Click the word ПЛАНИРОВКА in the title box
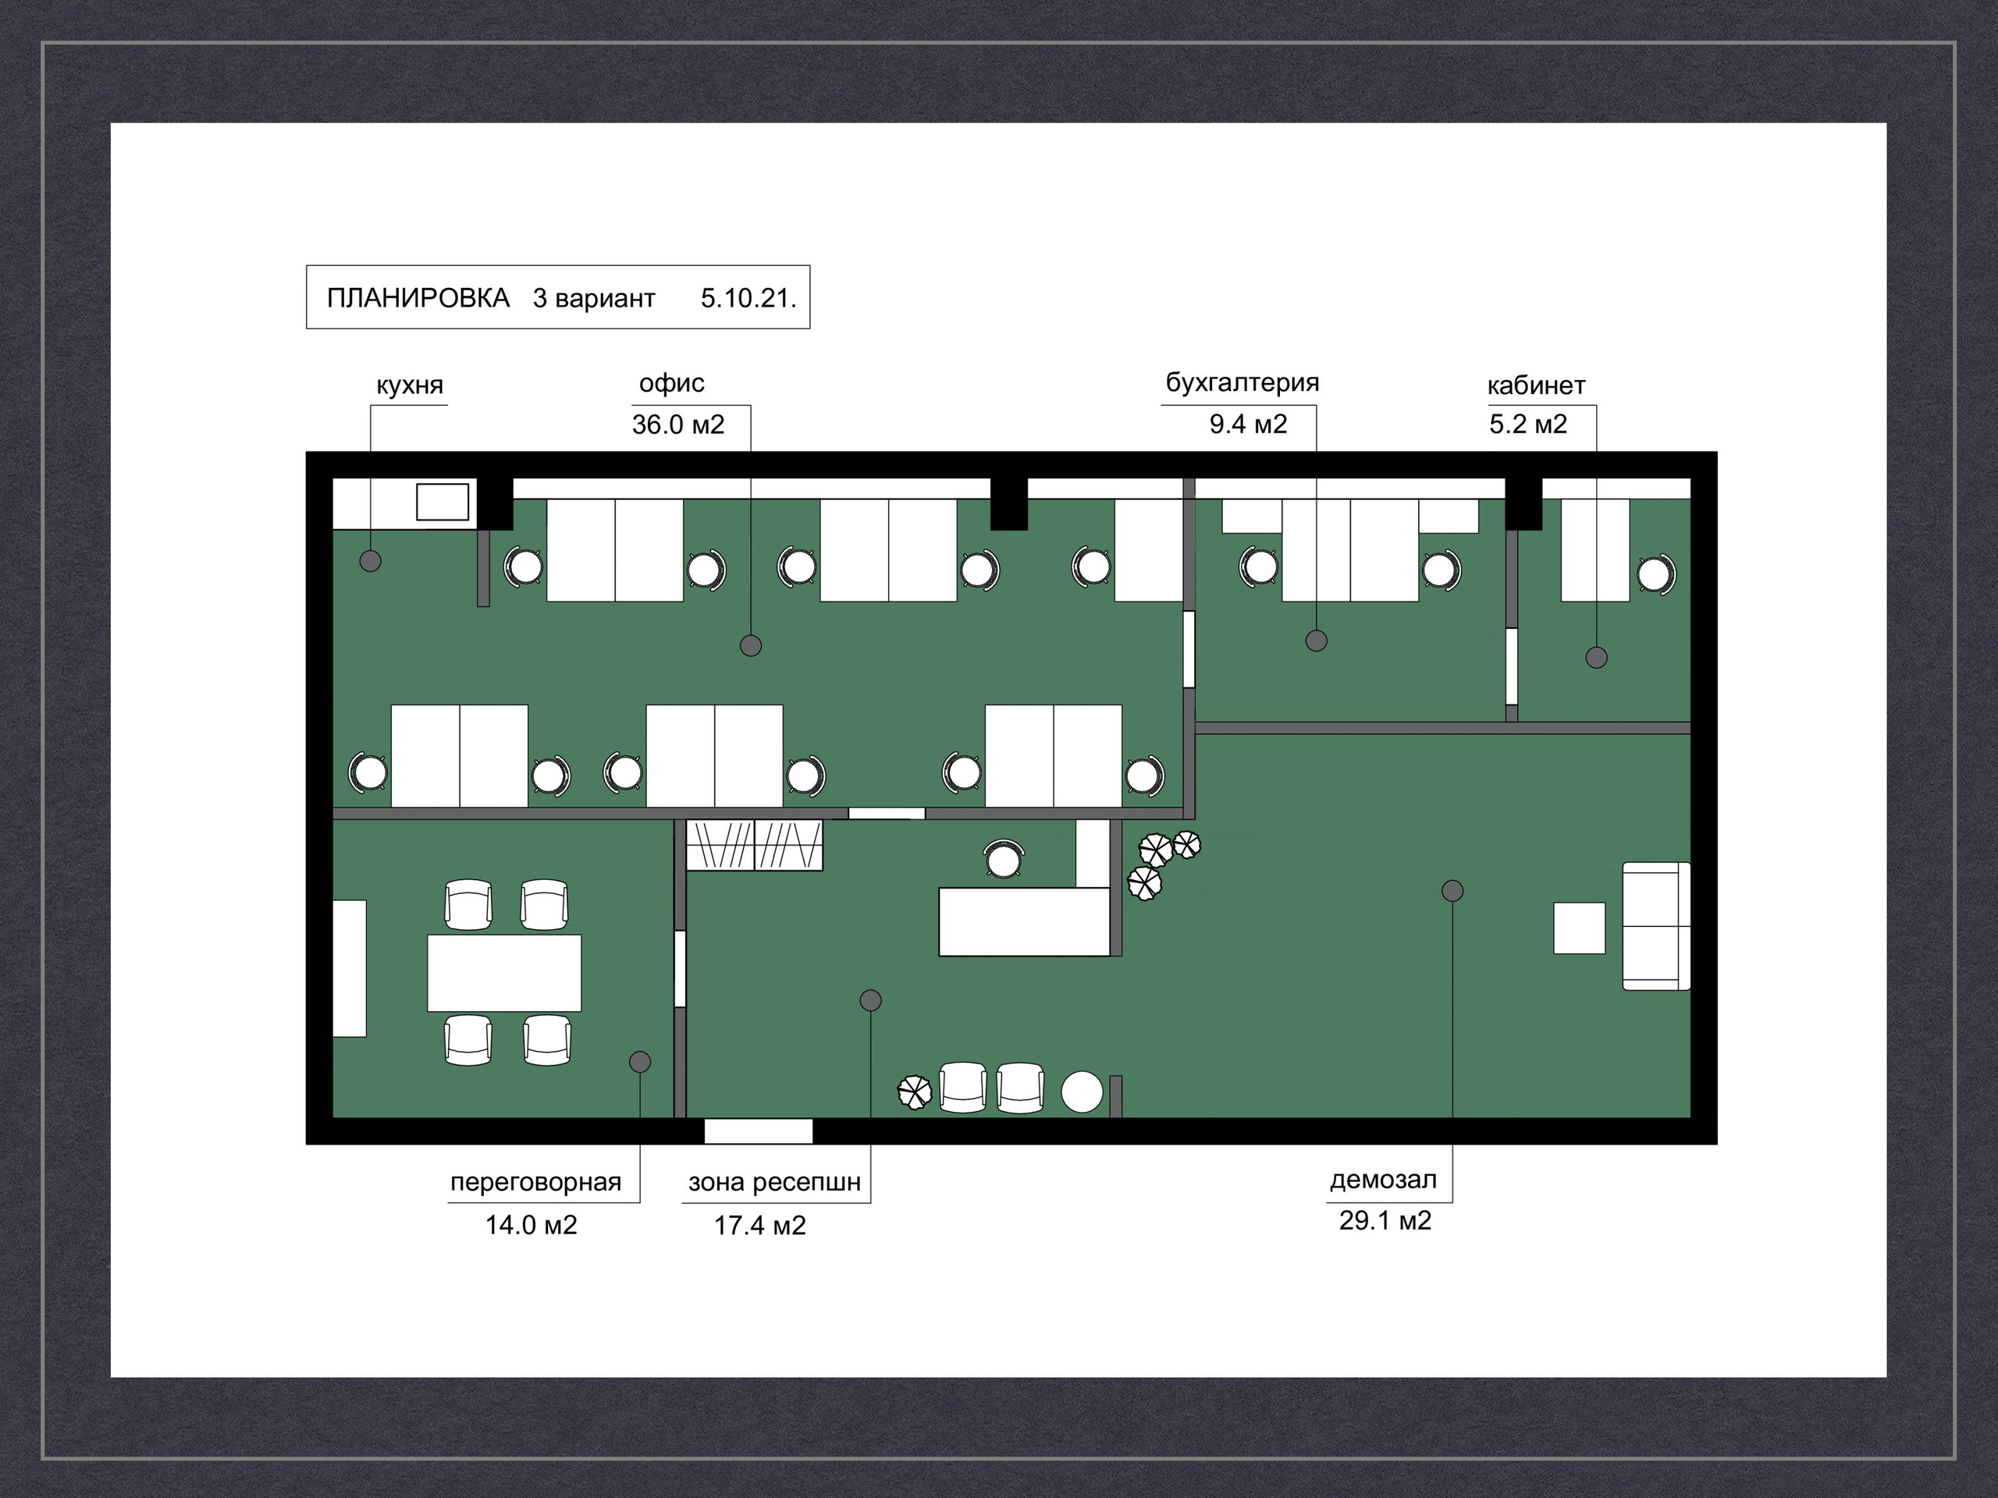(x=418, y=298)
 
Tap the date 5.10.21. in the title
(x=748, y=298)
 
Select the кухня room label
(x=410, y=385)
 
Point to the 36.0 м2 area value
(x=678, y=424)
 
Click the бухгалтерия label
(x=1242, y=383)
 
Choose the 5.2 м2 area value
(x=1528, y=424)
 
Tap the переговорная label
(x=535, y=1182)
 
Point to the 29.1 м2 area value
(x=1385, y=1221)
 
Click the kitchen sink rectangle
(x=443, y=502)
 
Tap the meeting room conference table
(x=504, y=972)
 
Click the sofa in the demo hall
(x=1657, y=926)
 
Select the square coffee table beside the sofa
(x=1580, y=928)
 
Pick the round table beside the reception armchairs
(x=1082, y=1092)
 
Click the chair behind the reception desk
(x=1004, y=859)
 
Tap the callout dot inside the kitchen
(x=371, y=561)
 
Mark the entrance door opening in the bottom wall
(x=759, y=1131)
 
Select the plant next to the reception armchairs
(x=914, y=1092)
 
